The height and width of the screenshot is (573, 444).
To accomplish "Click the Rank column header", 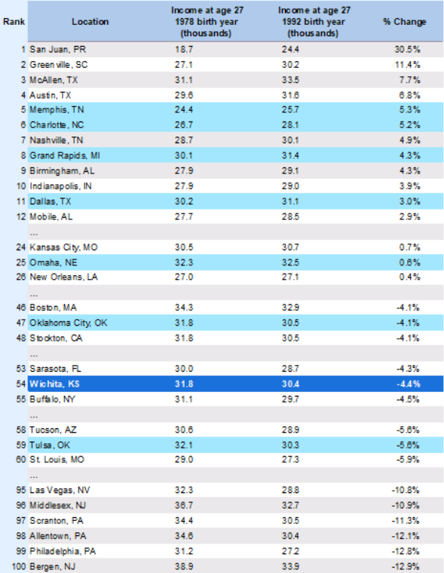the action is (14, 22).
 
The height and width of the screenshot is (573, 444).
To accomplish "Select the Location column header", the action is (90, 22).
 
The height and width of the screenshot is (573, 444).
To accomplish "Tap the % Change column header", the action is (405, 22).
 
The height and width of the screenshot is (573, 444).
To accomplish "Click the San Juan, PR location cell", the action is (58, 49).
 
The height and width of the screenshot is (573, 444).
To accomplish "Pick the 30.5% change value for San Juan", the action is (408, 49).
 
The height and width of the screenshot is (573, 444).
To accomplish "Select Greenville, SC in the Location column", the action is (59, 65).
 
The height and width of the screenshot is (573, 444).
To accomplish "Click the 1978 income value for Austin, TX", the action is (184, 96).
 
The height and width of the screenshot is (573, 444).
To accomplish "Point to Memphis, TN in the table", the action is (57, 109).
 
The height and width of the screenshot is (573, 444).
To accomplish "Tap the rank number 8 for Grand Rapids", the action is (23, 155).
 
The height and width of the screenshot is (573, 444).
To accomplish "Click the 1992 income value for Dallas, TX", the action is (290, 201).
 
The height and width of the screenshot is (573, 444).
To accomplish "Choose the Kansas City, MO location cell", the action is (63, 247).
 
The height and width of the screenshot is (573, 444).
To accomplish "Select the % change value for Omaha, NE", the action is (409, 262).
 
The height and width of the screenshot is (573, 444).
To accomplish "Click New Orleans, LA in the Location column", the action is (63, 277).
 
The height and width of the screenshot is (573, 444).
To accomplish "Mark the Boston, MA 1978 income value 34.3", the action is (184, 308).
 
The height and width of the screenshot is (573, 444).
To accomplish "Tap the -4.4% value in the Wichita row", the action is (408, 384).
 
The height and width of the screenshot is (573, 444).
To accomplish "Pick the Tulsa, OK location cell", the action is (50, 445).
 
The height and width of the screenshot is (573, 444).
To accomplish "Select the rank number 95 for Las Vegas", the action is (21, 490).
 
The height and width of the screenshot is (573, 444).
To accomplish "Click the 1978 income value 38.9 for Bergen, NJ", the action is (184, 567).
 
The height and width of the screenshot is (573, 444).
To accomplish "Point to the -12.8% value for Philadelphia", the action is (406, 551).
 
